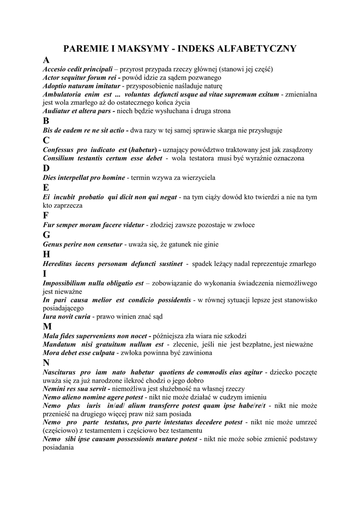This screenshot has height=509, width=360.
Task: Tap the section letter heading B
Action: (x=46, y=121)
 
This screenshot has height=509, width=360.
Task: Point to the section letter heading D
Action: (x=47, y=168)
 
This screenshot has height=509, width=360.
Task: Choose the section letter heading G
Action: (x=47, y=235)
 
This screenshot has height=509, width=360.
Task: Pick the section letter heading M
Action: (x=48, y=327)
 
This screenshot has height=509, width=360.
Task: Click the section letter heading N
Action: (x=47, y=363)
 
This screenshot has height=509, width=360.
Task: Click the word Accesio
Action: (x=55, y=69)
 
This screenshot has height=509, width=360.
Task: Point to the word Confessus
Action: (x=59, y=150)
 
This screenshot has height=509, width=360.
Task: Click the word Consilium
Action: (x=59, y=158)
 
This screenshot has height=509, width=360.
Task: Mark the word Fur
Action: (x=48, y=225)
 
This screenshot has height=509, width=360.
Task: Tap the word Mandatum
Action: (x=59, y=344)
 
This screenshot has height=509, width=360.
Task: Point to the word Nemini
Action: (x=55, y=389)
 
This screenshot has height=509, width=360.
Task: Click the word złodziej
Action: (x=164, y=225)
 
